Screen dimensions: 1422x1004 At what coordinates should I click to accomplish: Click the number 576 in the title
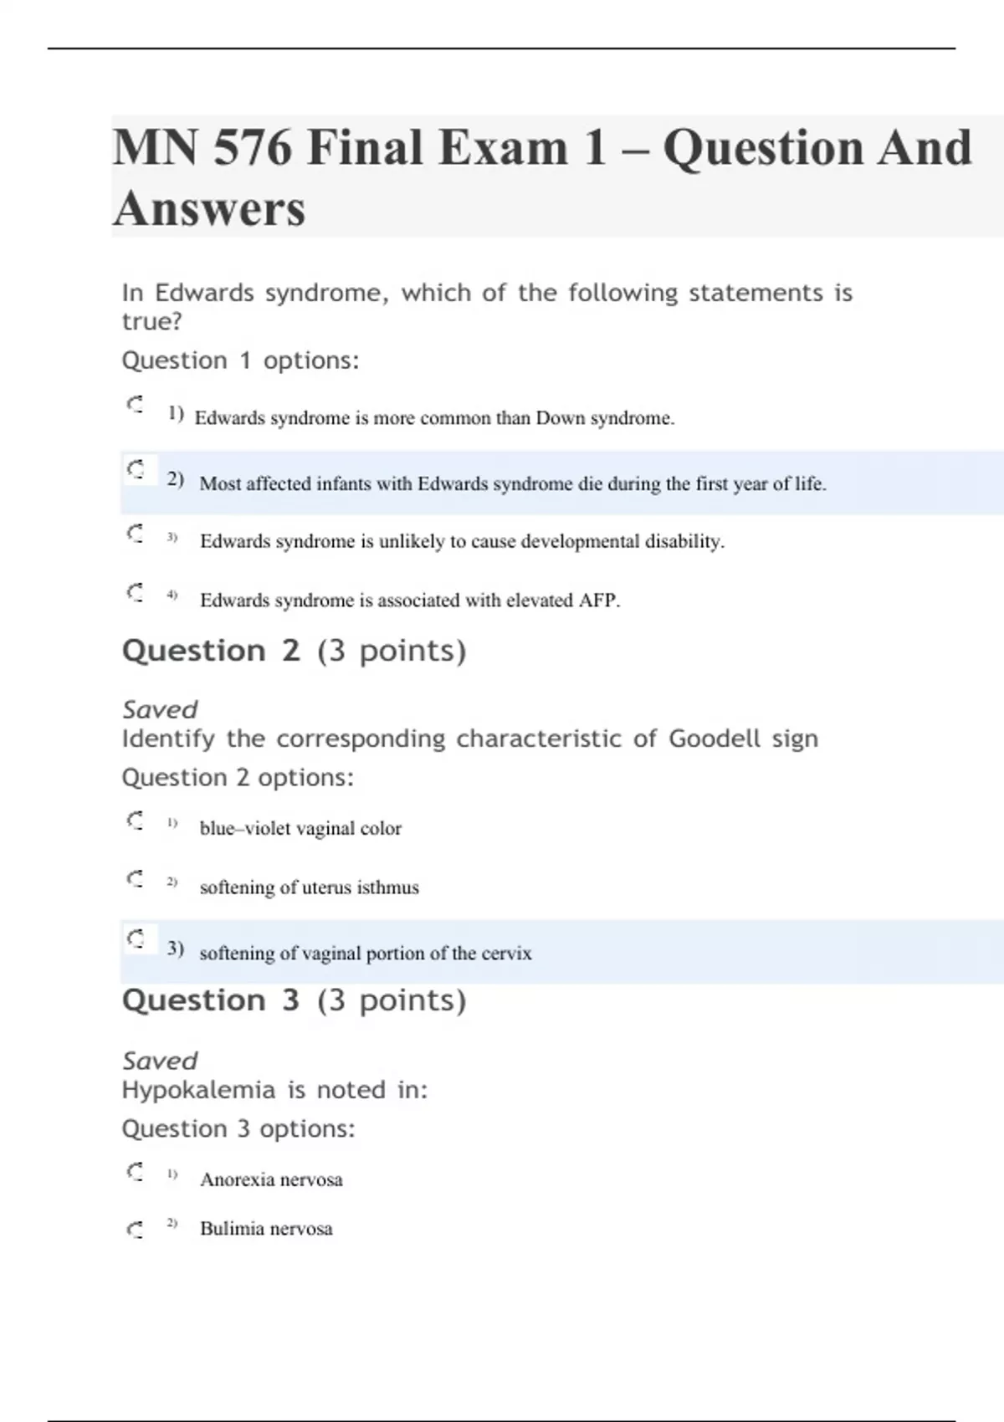[253, 148]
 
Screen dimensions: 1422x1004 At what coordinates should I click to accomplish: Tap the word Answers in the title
[209, 208]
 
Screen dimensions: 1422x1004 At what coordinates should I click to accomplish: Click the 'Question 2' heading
[211, 651]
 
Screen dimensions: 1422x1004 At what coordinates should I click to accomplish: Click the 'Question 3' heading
[211, 1000]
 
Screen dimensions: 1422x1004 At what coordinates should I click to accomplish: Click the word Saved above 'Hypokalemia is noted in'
[160, 1061]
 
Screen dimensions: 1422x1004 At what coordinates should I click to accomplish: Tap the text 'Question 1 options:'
[240, 361]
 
